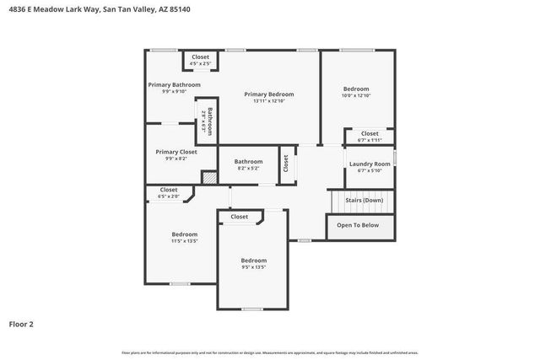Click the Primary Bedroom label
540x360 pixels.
pos(268,94)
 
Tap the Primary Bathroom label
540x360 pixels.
pos(174,84)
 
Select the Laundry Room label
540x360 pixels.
pos(370,164)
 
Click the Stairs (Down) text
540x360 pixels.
pos(364,200)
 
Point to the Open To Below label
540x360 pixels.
pos(358,225)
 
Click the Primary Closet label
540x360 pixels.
pos(175,152)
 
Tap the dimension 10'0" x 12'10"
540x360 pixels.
pos(356,96)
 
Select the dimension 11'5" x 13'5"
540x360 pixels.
pos(184,241)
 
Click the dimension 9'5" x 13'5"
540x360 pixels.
pos(253,267)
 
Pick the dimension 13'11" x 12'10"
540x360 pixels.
pos(268,101)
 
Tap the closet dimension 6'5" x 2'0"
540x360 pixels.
pos(169,196)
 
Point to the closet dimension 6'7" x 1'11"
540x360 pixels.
pos(370,140)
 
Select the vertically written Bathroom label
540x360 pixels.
pos(210,122)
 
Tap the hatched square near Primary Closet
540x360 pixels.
pos(208,176)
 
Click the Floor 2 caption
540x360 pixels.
pos(21,323)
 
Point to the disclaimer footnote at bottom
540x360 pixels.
pos(269,352)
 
